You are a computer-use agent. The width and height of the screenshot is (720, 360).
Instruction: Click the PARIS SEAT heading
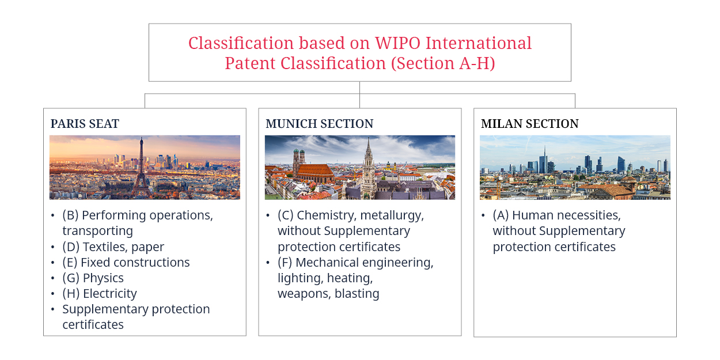point(85,124)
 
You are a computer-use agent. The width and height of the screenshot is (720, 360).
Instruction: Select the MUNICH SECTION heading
point(319,124)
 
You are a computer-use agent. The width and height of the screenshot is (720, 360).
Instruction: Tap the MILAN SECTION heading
point(529,124)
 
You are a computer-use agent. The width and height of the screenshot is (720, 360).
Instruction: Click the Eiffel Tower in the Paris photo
point(141,167)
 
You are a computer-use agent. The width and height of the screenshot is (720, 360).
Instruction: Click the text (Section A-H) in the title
point(443,63)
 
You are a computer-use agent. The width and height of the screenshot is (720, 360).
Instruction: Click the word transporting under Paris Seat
point(97,231)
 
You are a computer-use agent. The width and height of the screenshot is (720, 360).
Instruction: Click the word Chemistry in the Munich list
point(327,215)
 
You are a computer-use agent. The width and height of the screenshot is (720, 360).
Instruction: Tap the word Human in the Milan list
point(532,215)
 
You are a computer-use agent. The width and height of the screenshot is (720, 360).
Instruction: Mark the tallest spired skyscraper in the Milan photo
point(543,160)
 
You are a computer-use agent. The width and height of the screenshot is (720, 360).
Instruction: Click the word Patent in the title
point(250,63)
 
